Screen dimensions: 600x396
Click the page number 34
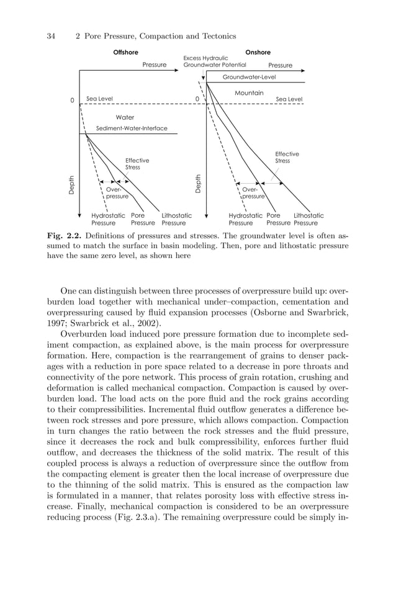coord(52,36)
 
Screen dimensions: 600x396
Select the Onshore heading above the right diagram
coord(258,53)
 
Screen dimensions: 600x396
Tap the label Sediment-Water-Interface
coord(131,128)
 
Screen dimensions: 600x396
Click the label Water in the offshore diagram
coord(125,117)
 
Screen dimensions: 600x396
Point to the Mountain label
coord(249,93)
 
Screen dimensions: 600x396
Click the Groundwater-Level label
coord(249,78)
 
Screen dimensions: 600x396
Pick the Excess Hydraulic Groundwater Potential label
coord(214,61)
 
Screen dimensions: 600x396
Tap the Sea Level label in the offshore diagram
coord(99,99)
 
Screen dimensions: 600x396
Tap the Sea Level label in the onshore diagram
coord(289,99)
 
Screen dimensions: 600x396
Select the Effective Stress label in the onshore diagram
coord(287,157)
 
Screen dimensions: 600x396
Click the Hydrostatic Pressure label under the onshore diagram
coord(245,219)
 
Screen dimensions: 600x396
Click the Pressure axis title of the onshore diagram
coord(280,65)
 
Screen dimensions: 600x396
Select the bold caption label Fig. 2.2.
coord(64,236)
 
